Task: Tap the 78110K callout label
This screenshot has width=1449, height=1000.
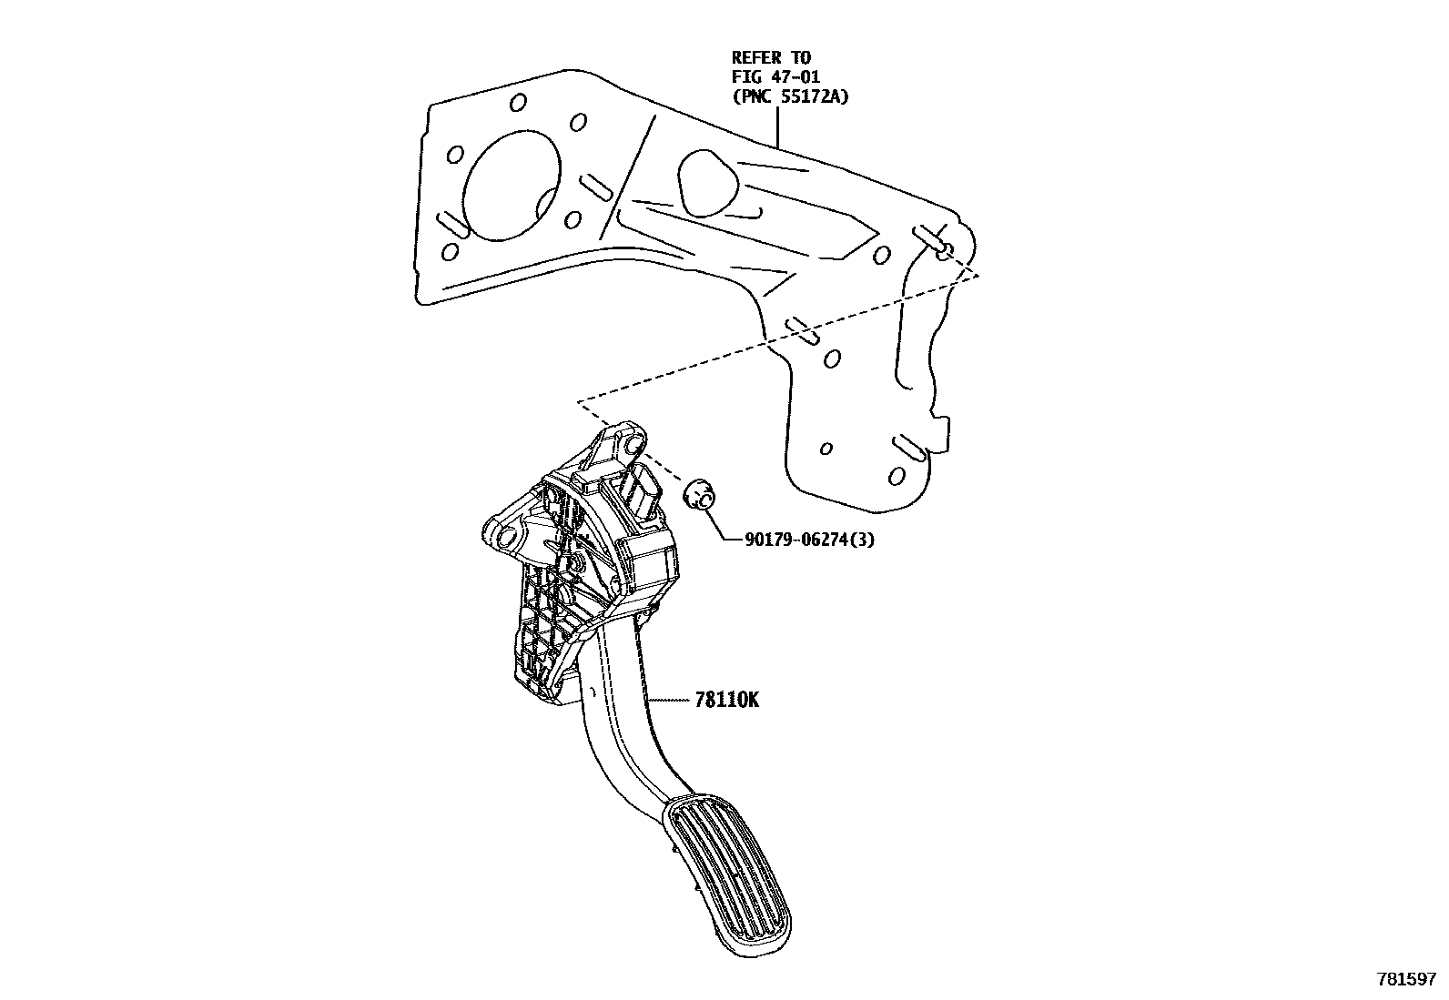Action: coord(726,701)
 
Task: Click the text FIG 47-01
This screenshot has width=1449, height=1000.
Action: coord(775,77)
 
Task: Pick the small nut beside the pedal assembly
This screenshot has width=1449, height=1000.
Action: coord(698,497)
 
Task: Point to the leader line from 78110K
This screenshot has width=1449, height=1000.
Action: coord(672,701)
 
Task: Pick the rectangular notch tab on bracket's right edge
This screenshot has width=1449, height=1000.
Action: coord(944,433)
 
